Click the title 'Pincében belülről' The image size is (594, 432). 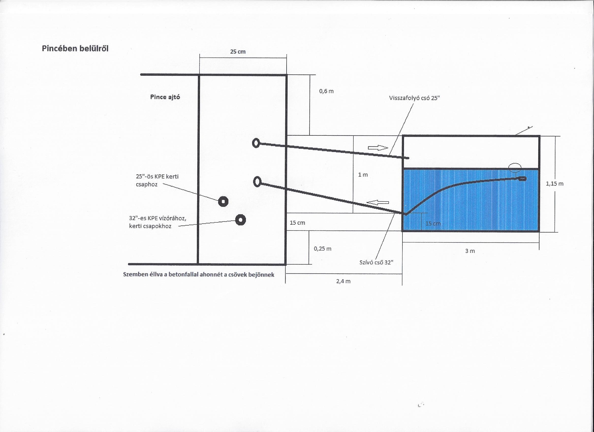[75, 49]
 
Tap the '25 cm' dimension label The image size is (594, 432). [238, 52]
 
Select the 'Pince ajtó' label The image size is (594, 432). [165, 97]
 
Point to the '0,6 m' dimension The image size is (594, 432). [326, 91]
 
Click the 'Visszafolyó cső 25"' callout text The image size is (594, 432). [415, 98]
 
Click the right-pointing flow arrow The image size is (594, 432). [378, 148]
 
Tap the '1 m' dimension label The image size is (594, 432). [363, 175]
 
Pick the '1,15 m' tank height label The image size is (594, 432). [554, 184]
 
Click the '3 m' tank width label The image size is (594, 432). [470, 251]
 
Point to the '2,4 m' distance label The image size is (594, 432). [343, 281]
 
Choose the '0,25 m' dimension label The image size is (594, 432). [323, 249]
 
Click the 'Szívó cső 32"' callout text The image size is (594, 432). [376, 262]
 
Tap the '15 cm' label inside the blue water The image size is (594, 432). [433, 223]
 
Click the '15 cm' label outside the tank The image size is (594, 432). [297, 223]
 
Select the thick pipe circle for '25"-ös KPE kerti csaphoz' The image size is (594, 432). [223, 202]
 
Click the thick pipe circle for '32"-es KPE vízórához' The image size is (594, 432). [240, 220]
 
